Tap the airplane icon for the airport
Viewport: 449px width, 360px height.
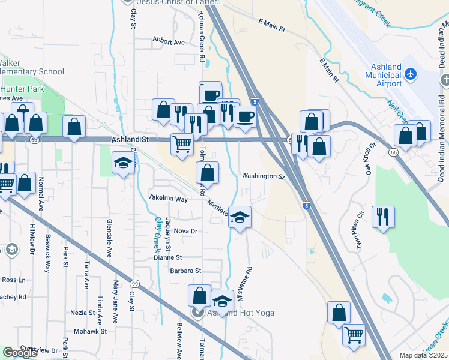411,74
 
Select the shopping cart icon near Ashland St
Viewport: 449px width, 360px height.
182,144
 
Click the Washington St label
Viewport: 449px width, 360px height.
262,176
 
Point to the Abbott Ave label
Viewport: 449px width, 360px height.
169,42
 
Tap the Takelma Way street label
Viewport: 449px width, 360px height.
169,197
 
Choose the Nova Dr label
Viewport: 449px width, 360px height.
185,231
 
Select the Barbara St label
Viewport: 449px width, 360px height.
185,271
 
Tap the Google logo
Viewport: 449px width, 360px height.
20,353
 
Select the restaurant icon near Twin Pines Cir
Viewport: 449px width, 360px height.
383,217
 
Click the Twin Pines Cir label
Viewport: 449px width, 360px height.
361,230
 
